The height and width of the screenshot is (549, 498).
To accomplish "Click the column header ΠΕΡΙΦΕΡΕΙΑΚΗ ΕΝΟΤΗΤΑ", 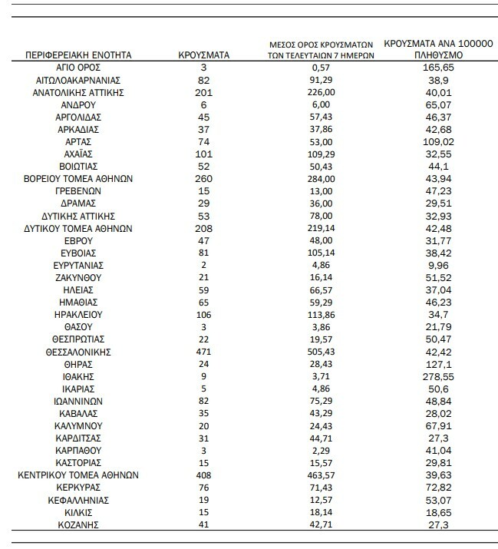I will click(x=79, y=55).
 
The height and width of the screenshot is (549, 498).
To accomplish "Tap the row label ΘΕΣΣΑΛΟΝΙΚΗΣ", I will click(x=79, y=352).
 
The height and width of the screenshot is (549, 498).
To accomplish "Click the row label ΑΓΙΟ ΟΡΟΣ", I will click(x=79, y=68).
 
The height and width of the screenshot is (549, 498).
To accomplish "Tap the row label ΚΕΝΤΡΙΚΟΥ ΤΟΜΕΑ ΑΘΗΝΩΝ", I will click(x=79, y=475).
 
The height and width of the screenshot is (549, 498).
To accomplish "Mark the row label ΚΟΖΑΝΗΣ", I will click(x=79, y=524).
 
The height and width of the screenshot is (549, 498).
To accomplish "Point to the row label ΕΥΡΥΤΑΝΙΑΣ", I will click(x=79, y=265).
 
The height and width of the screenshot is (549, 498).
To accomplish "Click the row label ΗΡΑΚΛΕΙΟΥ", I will click(x=79, y=315).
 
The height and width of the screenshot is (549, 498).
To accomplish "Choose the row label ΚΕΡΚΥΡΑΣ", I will click(x=79, y=488).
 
